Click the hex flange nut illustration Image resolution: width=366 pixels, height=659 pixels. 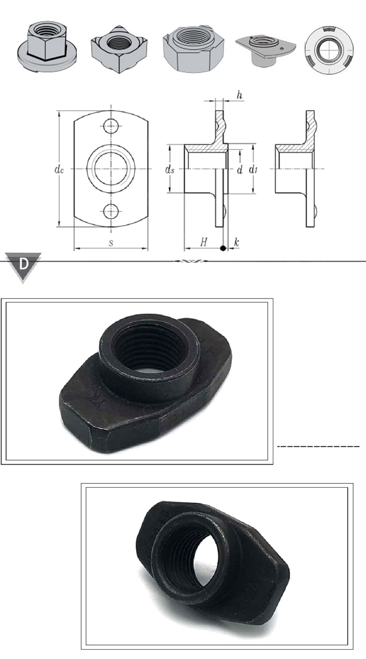(48, 49)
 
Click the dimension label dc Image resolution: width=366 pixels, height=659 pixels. (59, 169)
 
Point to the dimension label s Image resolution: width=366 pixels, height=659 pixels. (111, 243)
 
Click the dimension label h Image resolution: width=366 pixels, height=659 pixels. (240, 95)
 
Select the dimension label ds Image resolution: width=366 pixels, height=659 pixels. (170, 169)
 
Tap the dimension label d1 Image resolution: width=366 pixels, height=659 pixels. (253, 169)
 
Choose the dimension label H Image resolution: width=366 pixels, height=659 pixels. (204, 243)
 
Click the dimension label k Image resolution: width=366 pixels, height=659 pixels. (237, 243)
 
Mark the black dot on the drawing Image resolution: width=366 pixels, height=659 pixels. (222, 248)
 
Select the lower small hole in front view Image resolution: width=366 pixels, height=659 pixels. (111, 211)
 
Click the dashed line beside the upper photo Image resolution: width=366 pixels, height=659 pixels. (318, 447)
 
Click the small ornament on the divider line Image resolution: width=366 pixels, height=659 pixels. (190, 261)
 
